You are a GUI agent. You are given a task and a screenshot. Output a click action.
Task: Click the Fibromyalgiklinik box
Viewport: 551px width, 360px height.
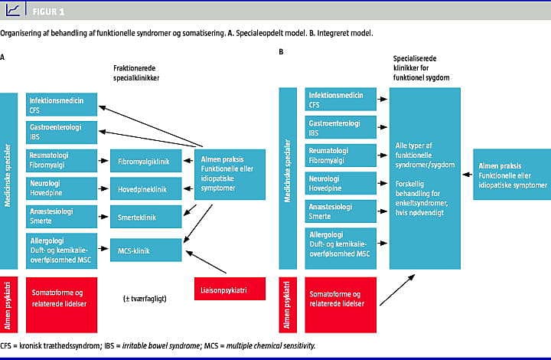click(149, 162)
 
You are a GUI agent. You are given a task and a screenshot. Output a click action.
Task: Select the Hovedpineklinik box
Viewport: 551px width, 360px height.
click(149, 189)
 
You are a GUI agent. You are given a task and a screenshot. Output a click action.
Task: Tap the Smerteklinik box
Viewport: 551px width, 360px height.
click(149, 218)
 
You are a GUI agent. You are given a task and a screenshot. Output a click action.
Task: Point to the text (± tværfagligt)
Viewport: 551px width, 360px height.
click(145, 296)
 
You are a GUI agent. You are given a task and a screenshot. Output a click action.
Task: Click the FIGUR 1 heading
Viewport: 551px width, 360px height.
click(48, 12)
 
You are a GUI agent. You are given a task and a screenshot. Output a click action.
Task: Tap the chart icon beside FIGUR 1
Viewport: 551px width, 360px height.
click(12, 11)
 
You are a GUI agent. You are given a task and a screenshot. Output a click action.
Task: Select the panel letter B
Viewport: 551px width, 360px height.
click(282, 51)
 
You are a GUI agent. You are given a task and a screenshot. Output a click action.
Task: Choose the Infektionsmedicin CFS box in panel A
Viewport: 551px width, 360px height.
click(62, 105)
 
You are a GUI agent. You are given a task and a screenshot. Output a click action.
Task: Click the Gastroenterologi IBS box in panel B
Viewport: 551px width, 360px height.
click(341, 128)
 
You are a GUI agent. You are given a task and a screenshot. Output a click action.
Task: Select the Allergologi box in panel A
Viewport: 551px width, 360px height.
click(62, 247)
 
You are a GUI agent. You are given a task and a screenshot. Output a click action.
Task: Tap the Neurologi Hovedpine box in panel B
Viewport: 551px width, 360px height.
click(341, 184)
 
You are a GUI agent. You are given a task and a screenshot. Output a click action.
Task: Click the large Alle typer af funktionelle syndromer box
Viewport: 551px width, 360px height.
click(425, 178)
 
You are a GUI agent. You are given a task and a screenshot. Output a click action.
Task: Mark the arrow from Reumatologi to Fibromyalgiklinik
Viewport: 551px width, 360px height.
click(105, 161)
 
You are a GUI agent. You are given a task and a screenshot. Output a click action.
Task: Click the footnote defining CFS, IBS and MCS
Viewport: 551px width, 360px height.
click(158, 345)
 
